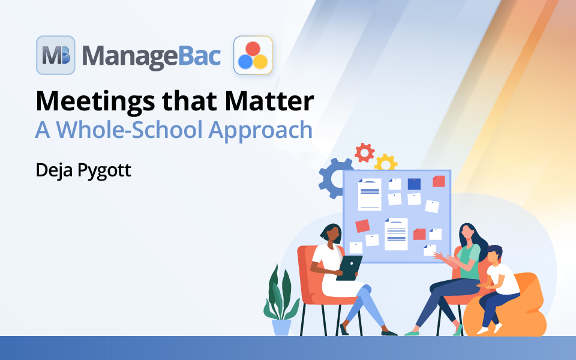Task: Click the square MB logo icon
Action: pyautogui.click(x=56, y=55)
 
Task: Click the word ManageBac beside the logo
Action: pyautogui.click(x=151, y=56)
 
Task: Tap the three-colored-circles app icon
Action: pyautogui.click(x=253, y=55)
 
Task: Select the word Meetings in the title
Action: pyautogui.click(x=95, y=102)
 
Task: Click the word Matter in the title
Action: pyautogui.click(x=269, y=101)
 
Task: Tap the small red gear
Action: pyautogui.click(x=364, y=152)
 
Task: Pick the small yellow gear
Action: pyautogui.click(x=385, y=162)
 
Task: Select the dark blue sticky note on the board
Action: pyautogui.click(x=414, y=184)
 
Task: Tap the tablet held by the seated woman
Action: pyautogui.click(x=349, y=268)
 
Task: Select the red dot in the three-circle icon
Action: pyautogui.click(x=253, y=49)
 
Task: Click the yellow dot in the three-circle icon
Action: pyautogui.click(x=260, y=61)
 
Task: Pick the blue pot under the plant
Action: pyautogui.click(x=281, y=327)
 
